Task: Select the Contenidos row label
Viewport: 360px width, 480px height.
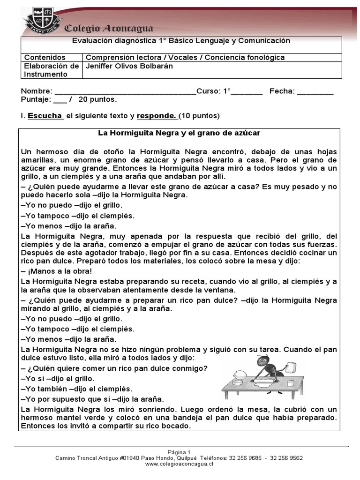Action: [x=45, y=57]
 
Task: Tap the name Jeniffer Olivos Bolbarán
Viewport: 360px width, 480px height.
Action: [x=129, y=66]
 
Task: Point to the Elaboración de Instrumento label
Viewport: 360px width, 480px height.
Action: [x=51, y=70]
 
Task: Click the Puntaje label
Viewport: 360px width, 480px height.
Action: [x=35, y=99]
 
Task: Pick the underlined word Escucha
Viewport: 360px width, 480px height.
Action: [x=45, y=115]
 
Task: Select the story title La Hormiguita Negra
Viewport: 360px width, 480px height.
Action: [x=179, y=133]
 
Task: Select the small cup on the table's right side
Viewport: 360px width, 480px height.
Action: [x=290, y=383]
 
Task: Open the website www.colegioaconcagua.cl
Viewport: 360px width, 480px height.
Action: [x=180, y=464]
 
